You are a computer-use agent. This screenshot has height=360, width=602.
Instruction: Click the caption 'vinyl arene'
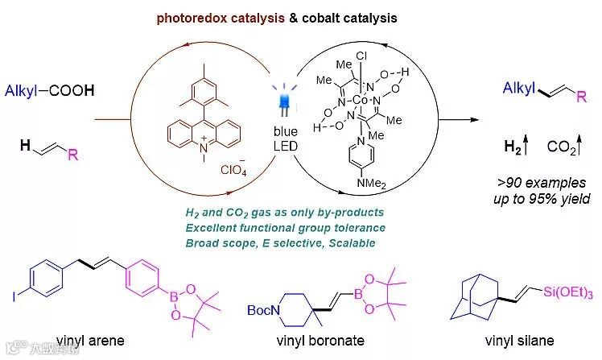(90, 340)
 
